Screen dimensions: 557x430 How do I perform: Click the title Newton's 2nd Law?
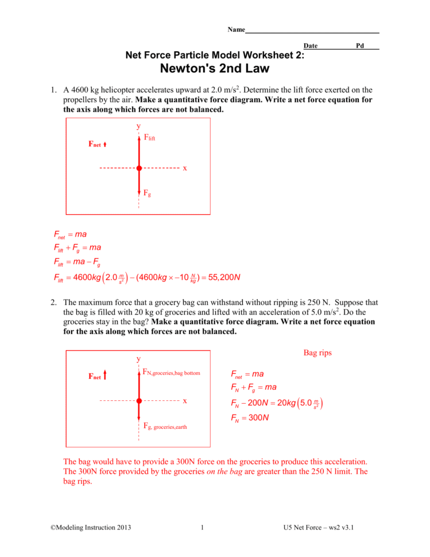coord(215,69)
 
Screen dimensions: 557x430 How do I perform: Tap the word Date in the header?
coord(311,45)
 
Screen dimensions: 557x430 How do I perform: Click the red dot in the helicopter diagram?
coord(139,168)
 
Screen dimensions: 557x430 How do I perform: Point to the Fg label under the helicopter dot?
coord(147,195)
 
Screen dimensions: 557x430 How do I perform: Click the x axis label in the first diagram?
coord(185,168)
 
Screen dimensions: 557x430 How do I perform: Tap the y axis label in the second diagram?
coord(138,359)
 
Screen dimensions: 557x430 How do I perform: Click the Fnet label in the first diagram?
coord(95,145)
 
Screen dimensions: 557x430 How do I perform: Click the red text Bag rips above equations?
coord(317,353)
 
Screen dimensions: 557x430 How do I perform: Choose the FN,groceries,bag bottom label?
coord(171,373)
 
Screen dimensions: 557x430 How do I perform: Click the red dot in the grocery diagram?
coord(139,400)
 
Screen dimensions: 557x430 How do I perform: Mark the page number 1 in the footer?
coord(203,528)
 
